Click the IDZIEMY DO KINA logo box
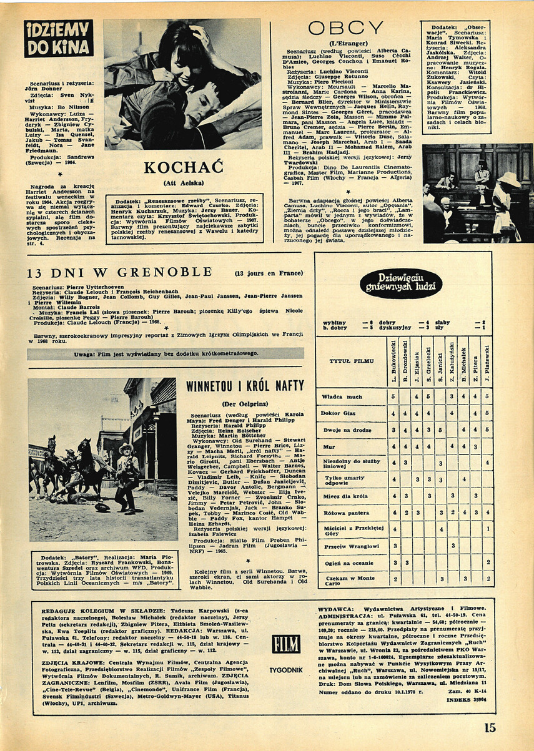pos(59,39)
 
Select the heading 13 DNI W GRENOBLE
pos(121,272)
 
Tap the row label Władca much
pos(342,396)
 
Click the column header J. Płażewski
pos(487,360)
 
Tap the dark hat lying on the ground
pos(101,507)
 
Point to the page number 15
pos(489,727)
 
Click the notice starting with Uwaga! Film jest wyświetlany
pos(166,353)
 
